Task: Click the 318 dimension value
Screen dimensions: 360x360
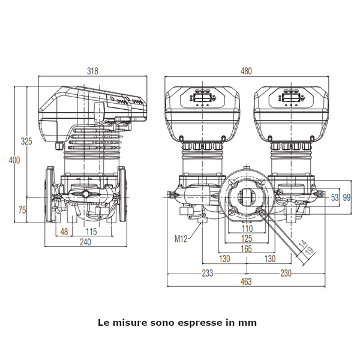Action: tap(92, 71)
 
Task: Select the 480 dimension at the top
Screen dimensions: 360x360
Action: tap(247, 71)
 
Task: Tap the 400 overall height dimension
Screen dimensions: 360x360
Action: tap(14, 160)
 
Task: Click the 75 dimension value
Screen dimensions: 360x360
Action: tap(22, 210)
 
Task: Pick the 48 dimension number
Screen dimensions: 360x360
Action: tap(63, 232)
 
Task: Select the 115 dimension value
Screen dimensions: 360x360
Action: tap(91, 232)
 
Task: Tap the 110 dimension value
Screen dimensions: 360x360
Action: tap(247, 229)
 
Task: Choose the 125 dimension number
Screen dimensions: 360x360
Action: tap(247, 238)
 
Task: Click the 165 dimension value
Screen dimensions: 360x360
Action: tap(247, 248)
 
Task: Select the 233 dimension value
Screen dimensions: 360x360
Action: tap(207, 272)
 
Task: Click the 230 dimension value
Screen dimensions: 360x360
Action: tap(286, 272)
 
